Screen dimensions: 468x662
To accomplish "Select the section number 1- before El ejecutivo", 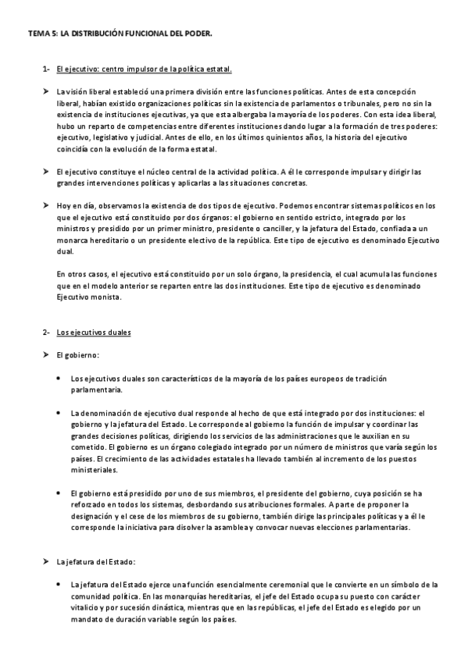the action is pyautogui.click(x=47, y=69).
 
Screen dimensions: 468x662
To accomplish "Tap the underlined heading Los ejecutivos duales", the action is pyautogui.click(x=94, y=333).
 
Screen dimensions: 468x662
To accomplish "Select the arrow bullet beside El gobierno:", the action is pyautogui.click(x=47, y=355).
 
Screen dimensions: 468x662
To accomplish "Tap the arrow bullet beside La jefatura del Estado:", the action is pyautogui.click(x=47, y=561).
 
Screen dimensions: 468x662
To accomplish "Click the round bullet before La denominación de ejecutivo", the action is pyautogui.click(x=61, y=412).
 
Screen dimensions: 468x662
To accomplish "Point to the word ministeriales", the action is pyautogui.click(x=95, y=472).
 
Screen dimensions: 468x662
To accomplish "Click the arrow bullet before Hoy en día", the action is pyautogui.click(x=47, y=205).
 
